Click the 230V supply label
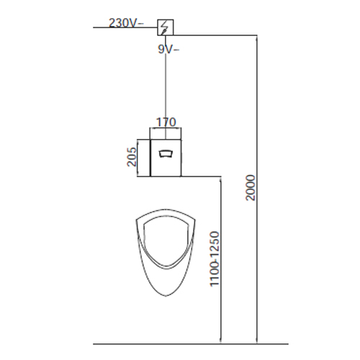[127, 23]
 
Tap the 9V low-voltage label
[168, 49]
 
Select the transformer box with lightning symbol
[166, 27]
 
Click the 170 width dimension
[166, 122]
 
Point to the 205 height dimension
[132, 157]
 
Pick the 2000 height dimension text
[251, 188]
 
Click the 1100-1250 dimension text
[215, 259]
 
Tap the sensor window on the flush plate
[166, 153]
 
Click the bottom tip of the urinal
[166, 296]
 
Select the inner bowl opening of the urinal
[143, 240]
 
